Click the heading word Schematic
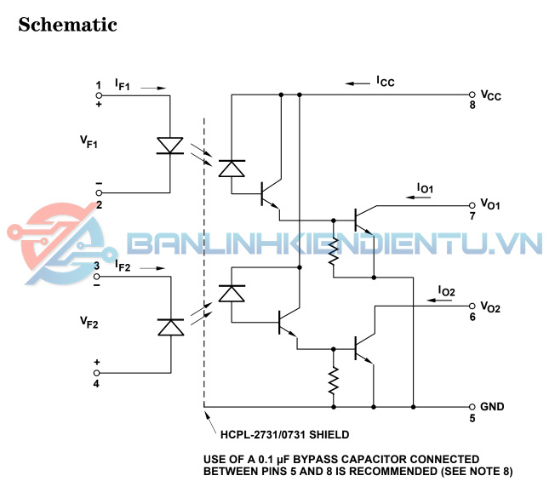(x=67, y=24)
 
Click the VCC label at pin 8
(x=490, y=95)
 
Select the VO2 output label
(x=490, y=307)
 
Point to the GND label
(x=492, y=407)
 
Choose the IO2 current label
(x=446, y=291)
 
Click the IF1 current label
(x=123, y=86)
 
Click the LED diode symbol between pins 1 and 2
(x=171, y=145)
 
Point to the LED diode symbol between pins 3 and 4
(x=171, y=327)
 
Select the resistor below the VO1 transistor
(x=335, y=249)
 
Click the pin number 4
(x=97, y=383)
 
